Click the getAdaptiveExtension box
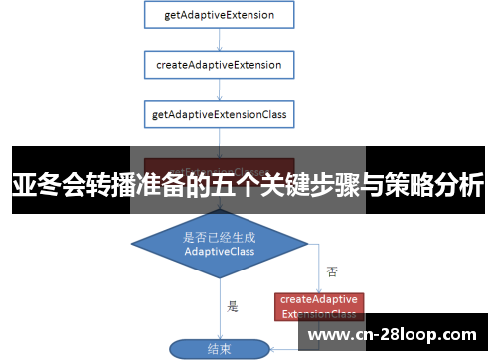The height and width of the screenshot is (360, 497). click(220, 16)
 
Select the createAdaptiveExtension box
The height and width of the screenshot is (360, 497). click(220, 66)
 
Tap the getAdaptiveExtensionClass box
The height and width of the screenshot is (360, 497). click(220, 115)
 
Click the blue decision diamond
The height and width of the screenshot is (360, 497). click(220, 244)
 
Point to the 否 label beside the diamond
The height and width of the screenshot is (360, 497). click(332, 270)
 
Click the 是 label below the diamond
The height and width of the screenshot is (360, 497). click(233, 306)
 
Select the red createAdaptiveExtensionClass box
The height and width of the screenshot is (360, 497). click(318, 306)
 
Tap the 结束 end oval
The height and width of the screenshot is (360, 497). click(219, 349)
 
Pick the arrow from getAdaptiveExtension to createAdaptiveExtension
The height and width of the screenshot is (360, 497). click(220, 41)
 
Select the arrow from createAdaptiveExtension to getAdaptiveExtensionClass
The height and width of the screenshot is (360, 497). click(220, 90)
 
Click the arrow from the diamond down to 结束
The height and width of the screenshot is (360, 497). click(220, 308)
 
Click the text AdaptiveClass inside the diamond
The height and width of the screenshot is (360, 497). click(220, 253)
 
